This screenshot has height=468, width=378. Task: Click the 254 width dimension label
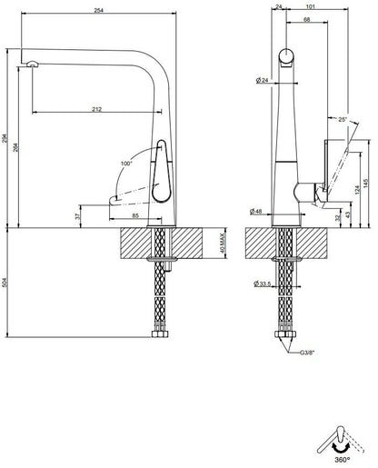click(98, 10)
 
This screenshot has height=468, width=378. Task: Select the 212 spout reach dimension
click(96, 109)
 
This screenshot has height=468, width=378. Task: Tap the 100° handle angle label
click(126, 164)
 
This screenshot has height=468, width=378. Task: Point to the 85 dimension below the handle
click(135, 215)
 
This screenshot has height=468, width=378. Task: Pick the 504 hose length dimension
click(5, 283)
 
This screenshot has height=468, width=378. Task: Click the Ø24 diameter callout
click(263, 80)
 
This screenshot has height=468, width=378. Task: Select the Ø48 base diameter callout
click(256, 212)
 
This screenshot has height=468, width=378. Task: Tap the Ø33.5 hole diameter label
click(263, 284)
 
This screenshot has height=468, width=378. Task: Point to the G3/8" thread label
click(307, 353)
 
